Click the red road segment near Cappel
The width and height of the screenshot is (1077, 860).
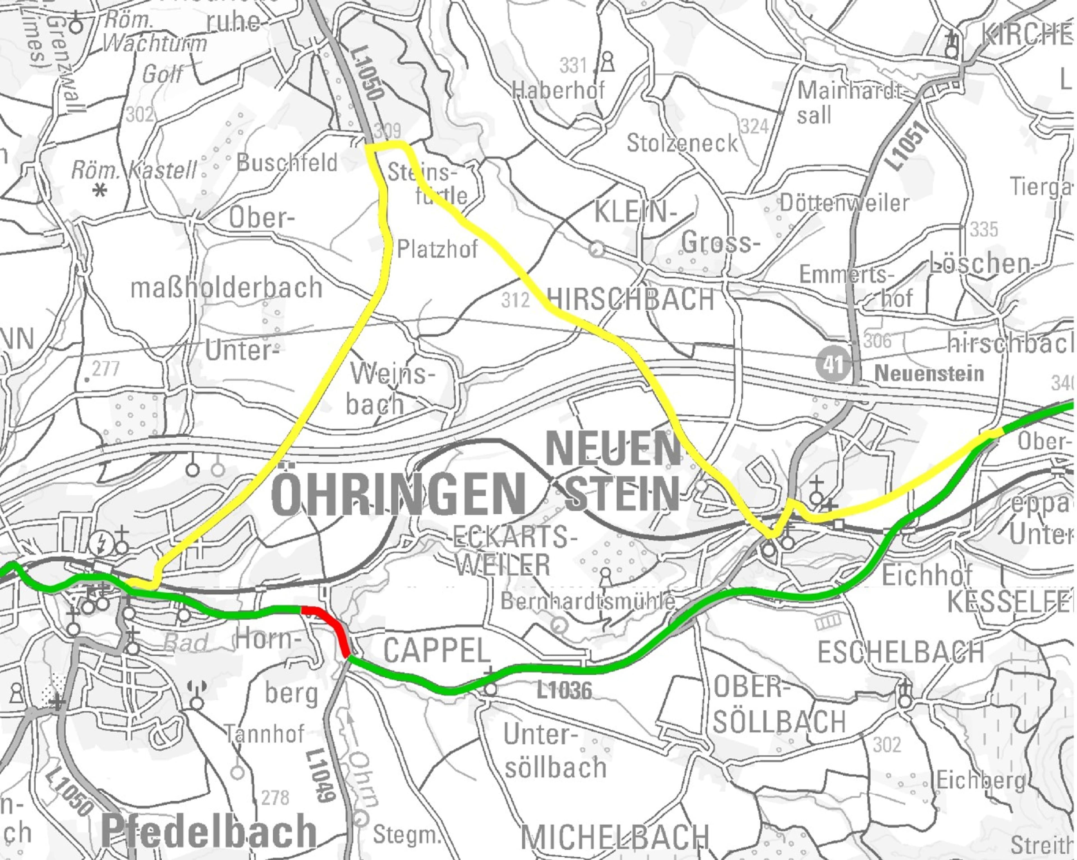click(327, 624)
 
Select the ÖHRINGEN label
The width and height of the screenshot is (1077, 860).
click(398, 494)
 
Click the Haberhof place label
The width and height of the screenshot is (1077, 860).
click(558, 90)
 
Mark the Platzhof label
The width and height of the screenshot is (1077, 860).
click(437, 249)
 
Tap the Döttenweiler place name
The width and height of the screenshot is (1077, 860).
click(844, 203)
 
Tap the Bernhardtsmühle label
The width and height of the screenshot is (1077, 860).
click(588, 601)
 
